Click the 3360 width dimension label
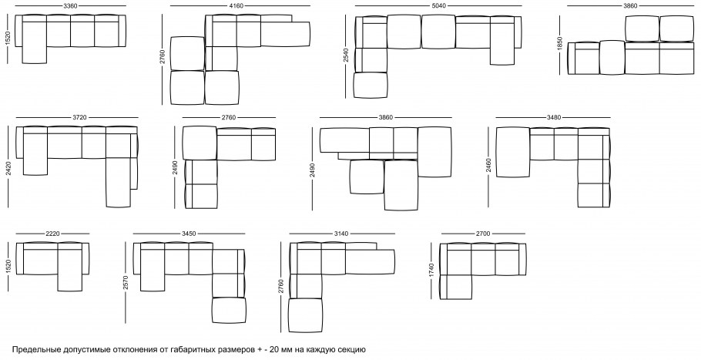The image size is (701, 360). [x=70, y=6]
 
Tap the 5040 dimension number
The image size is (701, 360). [x=438, y=6]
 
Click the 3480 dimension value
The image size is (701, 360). [x=554, y=118]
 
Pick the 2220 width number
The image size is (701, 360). [x=52, y=234]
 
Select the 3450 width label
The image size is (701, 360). [x=189, y=234]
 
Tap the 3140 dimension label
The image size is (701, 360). [x=341, y=234]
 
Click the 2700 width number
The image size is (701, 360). [x=483, y=234]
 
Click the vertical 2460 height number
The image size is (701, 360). [x=488, y=166]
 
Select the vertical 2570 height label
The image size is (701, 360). [x=126, y=283]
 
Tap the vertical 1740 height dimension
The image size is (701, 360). [x=431, y=271]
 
